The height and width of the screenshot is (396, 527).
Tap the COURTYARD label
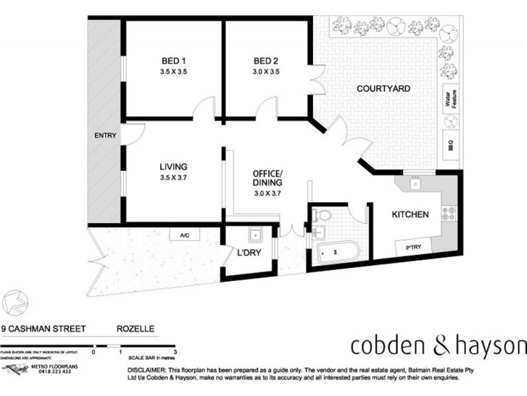coord(384,88)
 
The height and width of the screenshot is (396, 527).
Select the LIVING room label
coord(173,166)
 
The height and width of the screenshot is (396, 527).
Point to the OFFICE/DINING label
coord(267,178)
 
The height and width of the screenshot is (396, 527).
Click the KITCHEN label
coord(410,214)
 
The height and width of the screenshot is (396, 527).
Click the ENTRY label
coord(105,136)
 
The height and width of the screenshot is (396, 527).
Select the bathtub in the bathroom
coord(335,251)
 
